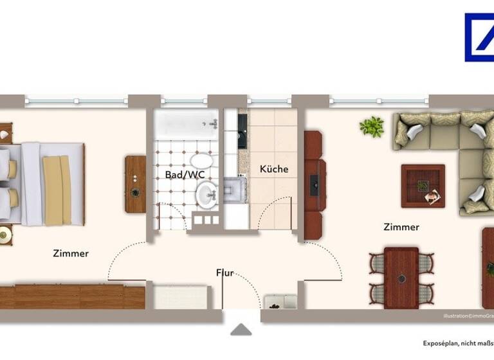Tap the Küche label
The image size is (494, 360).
coord(274,169)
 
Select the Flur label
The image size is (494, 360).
coord(224,273)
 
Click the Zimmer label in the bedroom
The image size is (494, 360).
coord(71,253)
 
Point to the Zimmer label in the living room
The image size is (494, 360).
coord(401,227)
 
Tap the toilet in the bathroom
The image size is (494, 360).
coord(201,161)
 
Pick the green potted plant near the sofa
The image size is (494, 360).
coord(372,127)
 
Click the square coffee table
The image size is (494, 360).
coord(423,186)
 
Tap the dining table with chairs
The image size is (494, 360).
coord(401,276)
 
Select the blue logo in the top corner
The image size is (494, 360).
coord(479,37)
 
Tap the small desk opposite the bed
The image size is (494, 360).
coord(135,184)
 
